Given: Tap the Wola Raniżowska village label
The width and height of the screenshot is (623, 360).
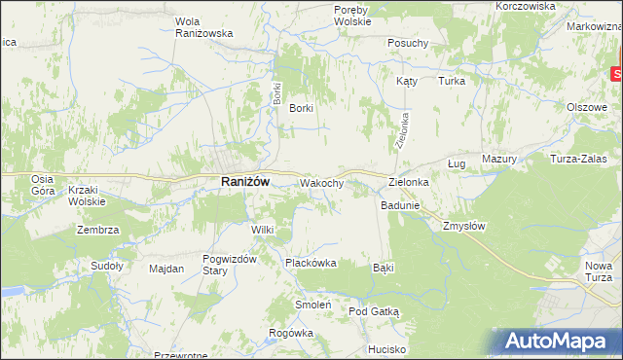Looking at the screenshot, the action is point(203,26).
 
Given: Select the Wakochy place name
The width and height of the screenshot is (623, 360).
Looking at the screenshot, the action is point(322,183).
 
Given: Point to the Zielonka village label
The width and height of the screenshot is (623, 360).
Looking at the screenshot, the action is point(409,182).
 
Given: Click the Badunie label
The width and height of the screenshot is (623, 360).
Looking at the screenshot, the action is point(400,205).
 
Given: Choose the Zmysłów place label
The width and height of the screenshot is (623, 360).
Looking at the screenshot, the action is point(463,225).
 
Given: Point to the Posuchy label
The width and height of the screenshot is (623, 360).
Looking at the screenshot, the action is point(408,43).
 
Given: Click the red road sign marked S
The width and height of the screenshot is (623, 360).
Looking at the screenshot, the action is point(617,73).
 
